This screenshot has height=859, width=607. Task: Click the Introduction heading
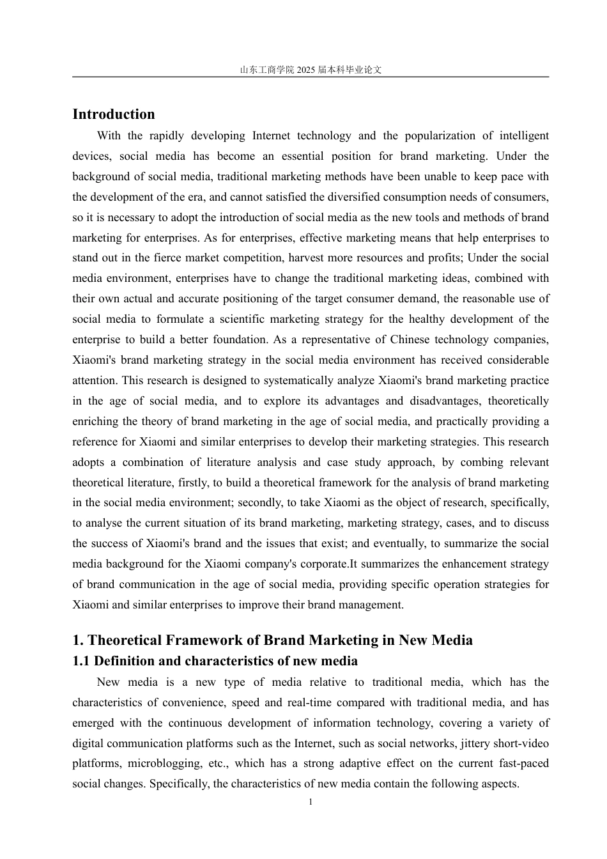tap(114, 114)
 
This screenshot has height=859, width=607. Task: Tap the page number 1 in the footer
tap(311, 801)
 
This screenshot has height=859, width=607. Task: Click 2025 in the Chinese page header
tap(306, 70)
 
